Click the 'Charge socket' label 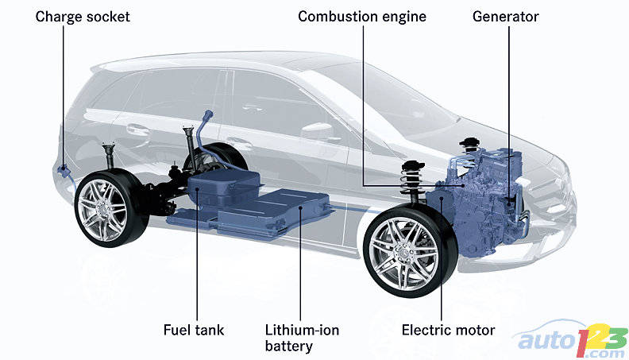click(x=83, y=16)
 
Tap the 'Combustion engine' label click(x=361, y=16)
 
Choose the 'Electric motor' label click(x=448, y=330)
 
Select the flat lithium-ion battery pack click(x=278, y=208)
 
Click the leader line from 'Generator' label click(x=509, y=103)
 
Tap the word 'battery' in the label click(x=289, y=346)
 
